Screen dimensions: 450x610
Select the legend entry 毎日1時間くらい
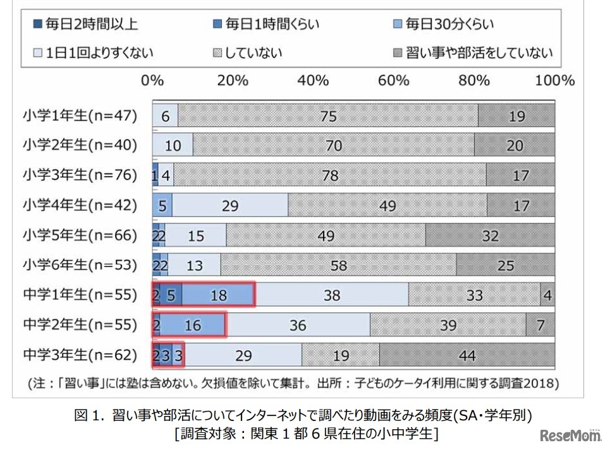(x=265, y=25)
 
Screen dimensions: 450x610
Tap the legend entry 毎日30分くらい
(x=442, y=25)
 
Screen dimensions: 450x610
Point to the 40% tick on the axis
(x=314, y=81)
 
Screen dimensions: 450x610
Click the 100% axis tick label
(x=554, y=81)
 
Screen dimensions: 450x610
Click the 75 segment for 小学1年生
(x=327, y=115)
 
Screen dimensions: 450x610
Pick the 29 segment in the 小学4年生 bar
(x=230, y=206)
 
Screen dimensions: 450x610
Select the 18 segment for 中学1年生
(x=218, y=295)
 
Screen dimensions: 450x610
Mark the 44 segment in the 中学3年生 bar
(x=467, y=355)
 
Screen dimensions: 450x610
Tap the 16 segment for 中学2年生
(x=193, y=325)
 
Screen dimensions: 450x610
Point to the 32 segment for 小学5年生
(x=490, y=235)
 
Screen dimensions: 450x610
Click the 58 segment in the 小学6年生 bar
(x=338, y=265)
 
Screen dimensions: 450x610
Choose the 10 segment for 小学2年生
(x=173, y=146)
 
